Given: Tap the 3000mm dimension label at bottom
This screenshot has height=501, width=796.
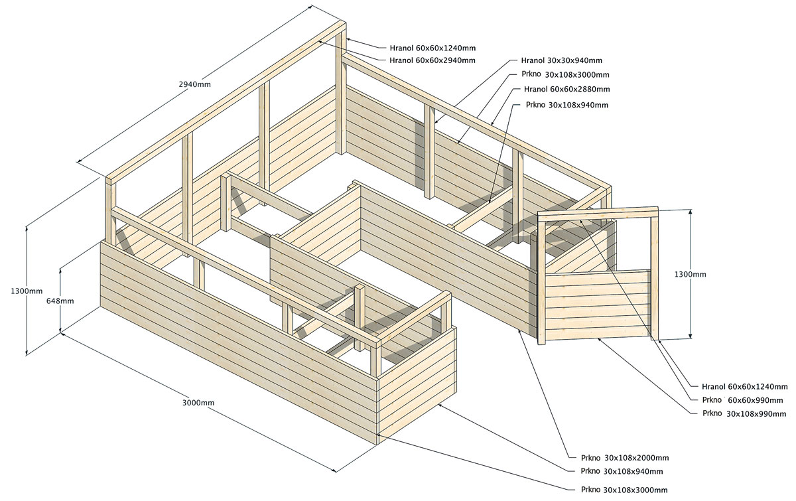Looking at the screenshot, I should [198, 403].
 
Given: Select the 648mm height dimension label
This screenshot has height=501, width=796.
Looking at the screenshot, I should [60, 301].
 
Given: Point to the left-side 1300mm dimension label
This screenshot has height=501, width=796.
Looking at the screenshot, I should [27, 291].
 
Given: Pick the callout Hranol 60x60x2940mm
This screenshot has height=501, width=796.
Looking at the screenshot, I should [432, 60].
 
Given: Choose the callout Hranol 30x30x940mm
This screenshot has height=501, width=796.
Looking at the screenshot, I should [562, 60].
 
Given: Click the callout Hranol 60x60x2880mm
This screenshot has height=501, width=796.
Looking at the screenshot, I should [566, 89].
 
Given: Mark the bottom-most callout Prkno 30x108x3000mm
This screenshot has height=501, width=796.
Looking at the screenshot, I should [624, 489].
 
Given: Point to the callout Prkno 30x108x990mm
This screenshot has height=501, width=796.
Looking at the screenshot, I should [744, 413].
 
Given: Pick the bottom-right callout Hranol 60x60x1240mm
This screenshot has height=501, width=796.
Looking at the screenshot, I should [744, 386].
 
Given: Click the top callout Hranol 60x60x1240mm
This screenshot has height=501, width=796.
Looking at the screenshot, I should [432, 48].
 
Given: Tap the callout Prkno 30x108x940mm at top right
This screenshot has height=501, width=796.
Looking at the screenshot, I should [566, 105].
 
